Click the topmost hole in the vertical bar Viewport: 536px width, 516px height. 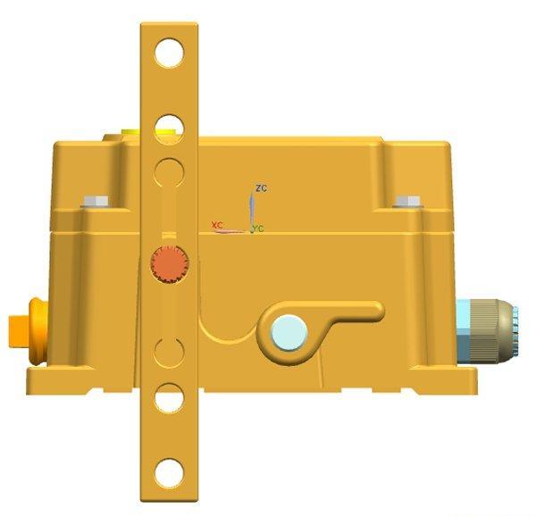170,54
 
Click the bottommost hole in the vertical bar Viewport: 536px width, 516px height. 170,473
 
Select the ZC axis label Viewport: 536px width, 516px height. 261,187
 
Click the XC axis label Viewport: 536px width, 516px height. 217,225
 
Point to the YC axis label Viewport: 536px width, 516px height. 258,229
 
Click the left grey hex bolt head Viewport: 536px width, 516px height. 96,202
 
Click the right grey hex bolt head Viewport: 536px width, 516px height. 408,202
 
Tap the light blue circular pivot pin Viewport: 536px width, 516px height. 289,333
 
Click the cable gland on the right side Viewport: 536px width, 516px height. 488,330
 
